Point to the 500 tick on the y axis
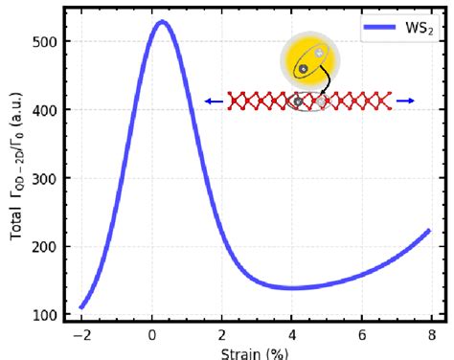[44, 42]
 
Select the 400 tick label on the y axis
[44, 110]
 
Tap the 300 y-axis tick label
[44, 178]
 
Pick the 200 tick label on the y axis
[44, 246]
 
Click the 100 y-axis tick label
[44, 315]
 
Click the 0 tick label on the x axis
[151, 336]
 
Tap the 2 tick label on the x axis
[221, 336]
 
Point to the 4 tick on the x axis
[291, 336]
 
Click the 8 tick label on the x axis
[430, 336]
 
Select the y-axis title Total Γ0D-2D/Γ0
[16, 178]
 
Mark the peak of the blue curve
[162, 22]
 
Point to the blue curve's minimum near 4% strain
[291, 287]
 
